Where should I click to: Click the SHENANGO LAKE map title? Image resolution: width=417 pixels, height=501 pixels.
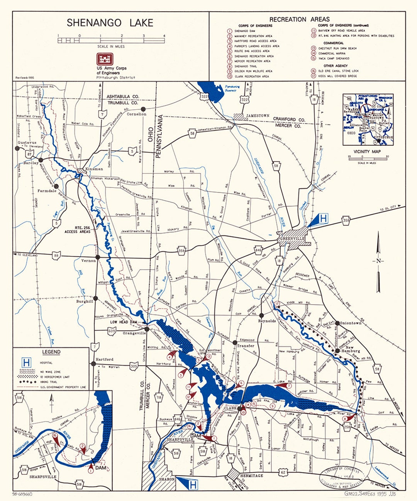coord(110,23)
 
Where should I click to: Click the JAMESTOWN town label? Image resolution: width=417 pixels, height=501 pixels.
coord(258,116)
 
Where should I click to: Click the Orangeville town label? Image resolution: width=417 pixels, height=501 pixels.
coord(134,333)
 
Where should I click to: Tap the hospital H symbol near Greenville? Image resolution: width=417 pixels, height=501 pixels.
coord(323,219)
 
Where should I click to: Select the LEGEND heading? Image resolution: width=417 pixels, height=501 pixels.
coord(51,352)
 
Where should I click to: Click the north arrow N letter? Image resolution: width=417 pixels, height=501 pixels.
coord(378,261)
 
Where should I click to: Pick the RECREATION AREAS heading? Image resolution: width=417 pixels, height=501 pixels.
coord(299,19)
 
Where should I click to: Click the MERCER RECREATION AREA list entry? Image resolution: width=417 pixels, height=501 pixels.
coord(253,61)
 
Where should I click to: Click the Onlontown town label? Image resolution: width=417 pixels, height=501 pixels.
coord(351,323)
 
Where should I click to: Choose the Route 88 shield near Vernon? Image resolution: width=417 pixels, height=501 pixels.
coord(57,256)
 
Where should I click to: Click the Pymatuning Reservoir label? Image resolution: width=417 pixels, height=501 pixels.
coord(232,89)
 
